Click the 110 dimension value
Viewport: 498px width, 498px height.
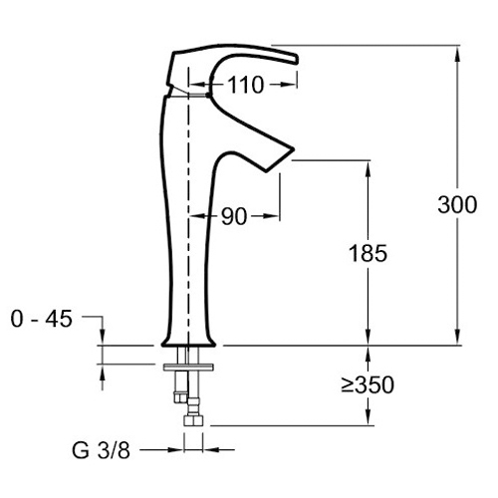pyautogui.click(x=246, y=85)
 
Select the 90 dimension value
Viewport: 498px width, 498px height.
pyautogui.click(x=234, y=217)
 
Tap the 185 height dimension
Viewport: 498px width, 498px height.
pyautogui.click(x=368, y=253)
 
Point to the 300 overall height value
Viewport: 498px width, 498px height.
pyautogui.click(x=457, y=204)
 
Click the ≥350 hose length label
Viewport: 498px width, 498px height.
pyautogui.click(x=368, y=385)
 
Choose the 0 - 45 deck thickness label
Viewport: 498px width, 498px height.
pyautogui.click(x=42, y=320)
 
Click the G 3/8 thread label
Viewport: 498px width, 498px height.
pyautogui.click(x=102, y=450)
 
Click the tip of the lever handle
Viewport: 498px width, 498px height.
pyautogui.click(x=296, y=59)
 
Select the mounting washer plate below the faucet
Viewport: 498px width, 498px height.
pyautogui.click(x=188, y=367)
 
